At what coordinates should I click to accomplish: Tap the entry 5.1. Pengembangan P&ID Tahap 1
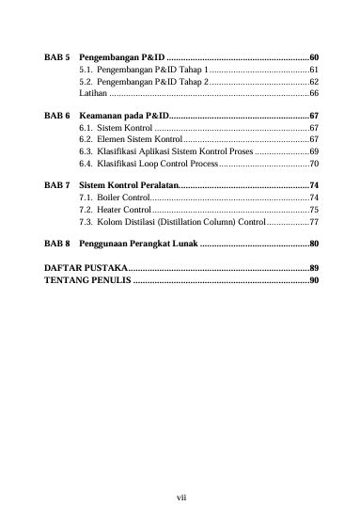pyautogui.click(x=142, y=71)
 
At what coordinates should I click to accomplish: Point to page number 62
pyautogui.click(x=314, y=83)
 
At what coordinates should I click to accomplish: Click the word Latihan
pyautogui.click(x=93, y=95)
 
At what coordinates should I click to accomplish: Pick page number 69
pyautogui.click(x=314, y=150)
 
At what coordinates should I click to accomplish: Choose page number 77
pyautogui.click(x=314, y=223)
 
